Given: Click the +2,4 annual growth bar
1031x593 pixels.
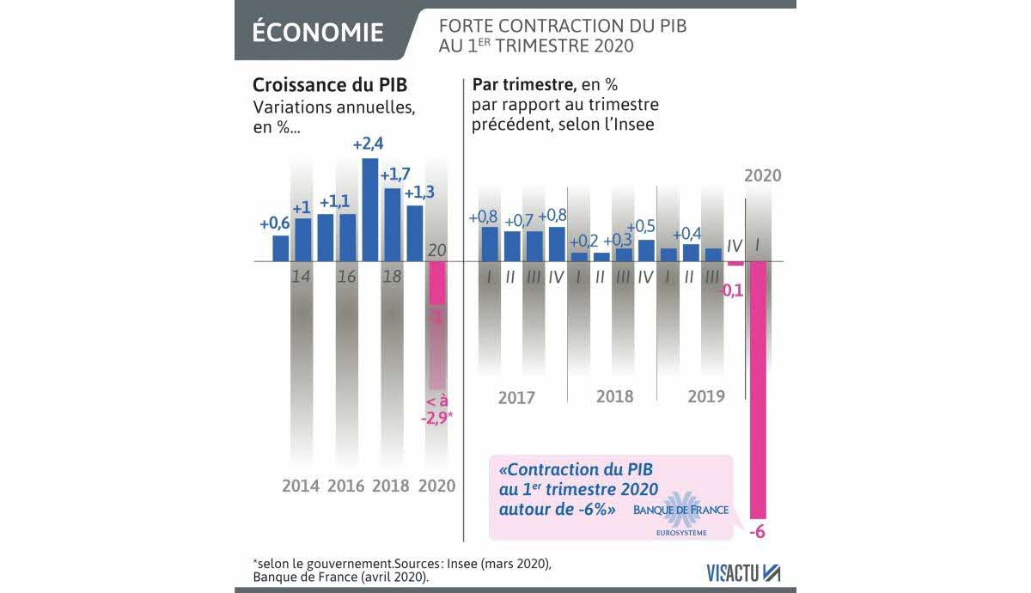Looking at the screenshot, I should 370,209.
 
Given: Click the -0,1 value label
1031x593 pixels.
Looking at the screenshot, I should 732,291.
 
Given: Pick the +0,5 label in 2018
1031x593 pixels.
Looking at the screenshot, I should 641,227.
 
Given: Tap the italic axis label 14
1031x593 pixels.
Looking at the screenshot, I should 301,278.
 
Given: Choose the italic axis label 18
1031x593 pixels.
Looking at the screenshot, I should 392,278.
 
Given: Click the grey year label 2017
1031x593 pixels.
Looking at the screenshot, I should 516,398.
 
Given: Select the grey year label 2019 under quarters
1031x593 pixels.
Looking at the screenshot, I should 705,396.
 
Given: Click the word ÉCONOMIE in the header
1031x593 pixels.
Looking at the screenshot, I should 318,33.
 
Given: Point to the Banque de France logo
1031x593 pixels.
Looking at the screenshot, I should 680,514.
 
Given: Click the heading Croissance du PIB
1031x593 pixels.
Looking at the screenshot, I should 329,86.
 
